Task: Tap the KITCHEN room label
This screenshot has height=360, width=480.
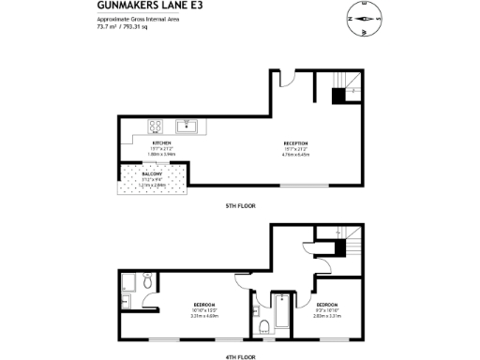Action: (160, 143)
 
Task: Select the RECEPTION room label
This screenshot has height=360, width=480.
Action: (296, 143)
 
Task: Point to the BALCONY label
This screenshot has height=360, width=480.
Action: (152, 174)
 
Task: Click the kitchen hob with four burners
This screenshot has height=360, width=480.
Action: (156, 125)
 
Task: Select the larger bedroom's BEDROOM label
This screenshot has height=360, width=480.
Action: (203, 306)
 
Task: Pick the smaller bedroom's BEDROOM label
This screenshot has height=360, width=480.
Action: (327, 306)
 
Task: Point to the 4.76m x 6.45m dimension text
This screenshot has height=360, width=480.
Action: (296, 155)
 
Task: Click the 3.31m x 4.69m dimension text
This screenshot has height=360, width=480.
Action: (203, 316)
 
